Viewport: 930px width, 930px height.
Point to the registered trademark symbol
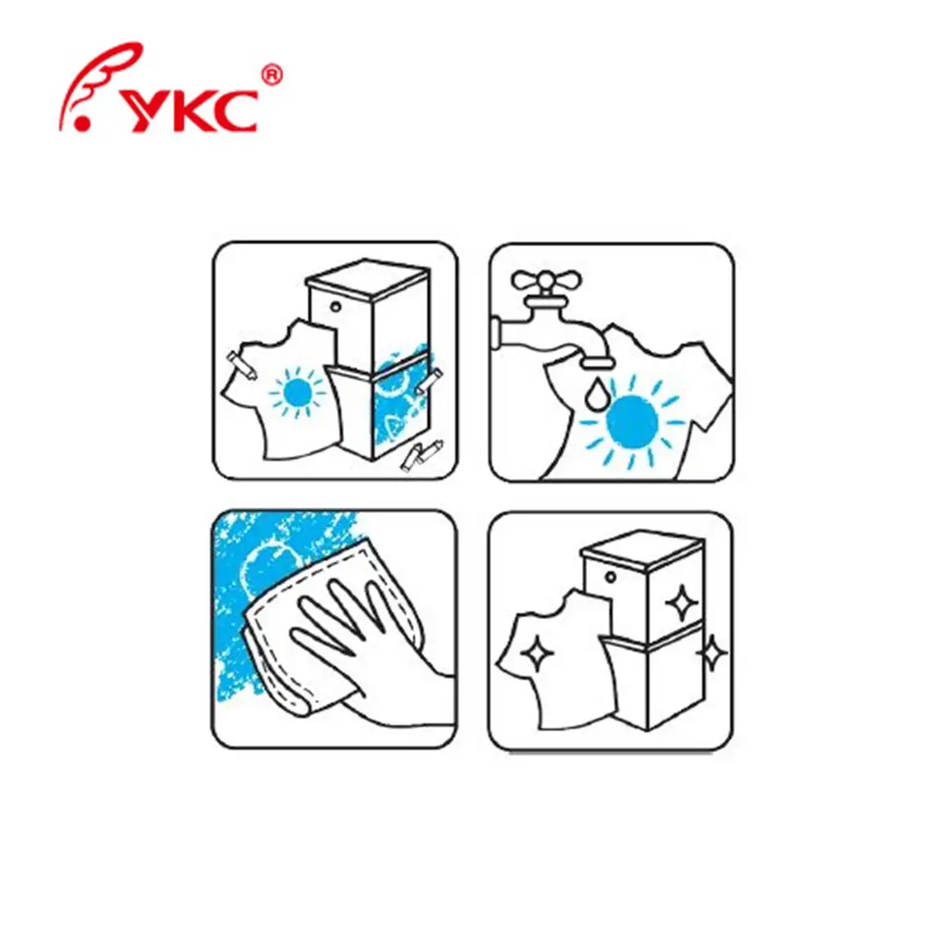(272, 76)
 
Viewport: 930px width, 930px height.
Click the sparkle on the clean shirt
(542, 657)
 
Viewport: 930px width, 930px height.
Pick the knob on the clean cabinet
(610, 577)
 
